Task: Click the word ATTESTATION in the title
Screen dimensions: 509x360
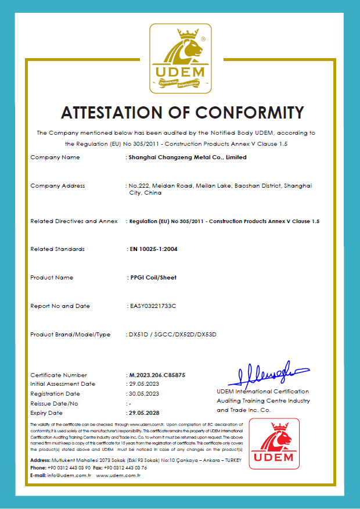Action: pos(120,112)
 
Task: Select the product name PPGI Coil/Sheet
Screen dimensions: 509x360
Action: pos(153,278)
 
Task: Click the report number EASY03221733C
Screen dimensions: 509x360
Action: pos(153,306)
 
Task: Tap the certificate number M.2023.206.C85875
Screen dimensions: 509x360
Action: pos(157,375)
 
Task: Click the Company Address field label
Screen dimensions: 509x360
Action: pos(57,186)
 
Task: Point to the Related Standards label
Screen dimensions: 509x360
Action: pos(57,249)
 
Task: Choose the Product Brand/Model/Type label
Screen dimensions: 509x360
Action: pos(70,335)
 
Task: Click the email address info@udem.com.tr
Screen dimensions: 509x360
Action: pos(69,475)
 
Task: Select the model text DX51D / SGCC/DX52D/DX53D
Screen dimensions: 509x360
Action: pos(172,335)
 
